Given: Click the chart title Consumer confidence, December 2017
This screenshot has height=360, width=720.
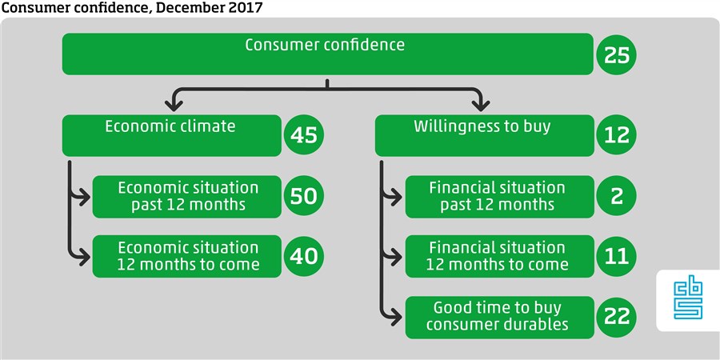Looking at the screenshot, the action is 132,7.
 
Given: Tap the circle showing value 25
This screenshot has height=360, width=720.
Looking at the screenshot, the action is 616,54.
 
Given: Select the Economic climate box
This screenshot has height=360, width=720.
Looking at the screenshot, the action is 171,135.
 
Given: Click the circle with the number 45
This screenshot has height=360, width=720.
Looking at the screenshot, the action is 303,135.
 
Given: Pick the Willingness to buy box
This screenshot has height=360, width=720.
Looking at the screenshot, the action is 485,135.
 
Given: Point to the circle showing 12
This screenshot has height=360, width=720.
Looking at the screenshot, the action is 616,135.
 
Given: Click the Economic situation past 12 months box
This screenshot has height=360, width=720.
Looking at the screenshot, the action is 187,197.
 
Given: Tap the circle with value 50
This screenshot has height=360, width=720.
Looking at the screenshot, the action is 303,196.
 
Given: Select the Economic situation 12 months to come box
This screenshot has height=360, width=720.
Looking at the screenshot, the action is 187,256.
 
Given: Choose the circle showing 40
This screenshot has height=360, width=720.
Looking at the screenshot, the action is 303,256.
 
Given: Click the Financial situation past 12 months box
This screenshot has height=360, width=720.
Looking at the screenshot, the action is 499,197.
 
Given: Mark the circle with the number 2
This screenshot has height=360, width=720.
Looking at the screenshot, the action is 616,196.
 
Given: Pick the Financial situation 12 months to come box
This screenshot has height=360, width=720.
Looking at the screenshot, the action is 499,256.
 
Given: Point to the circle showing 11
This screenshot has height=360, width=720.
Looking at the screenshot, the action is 616,256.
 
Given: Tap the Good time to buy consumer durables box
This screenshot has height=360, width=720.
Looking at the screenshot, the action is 499,318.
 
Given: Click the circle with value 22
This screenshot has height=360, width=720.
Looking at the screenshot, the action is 616,317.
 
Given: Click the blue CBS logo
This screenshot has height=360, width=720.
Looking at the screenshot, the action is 688,300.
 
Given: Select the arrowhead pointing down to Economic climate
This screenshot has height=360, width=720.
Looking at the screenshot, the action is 174,106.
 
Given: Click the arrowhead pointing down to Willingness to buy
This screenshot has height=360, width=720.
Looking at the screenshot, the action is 480,106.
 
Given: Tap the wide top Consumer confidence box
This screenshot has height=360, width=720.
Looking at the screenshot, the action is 328,54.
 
